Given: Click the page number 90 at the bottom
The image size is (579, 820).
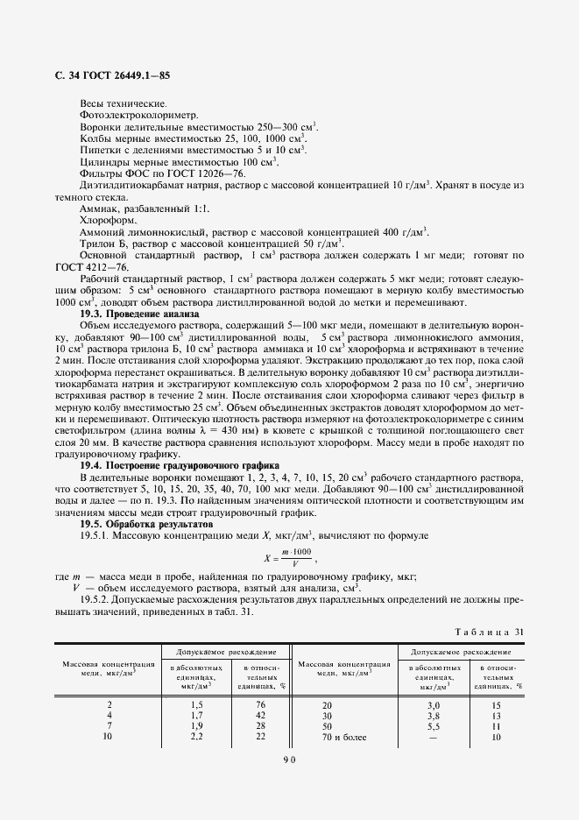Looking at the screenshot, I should [x=289, y=759].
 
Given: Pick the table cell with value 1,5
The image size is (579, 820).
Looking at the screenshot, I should [x=197, y=703].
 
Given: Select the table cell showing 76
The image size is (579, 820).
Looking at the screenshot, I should [x=258, y=703].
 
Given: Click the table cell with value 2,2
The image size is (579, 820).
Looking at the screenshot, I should [x=197, y=736].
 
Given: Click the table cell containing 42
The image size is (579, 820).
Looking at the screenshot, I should [x=258, y=715].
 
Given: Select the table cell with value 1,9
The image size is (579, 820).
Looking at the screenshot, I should [x=197, y=725].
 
